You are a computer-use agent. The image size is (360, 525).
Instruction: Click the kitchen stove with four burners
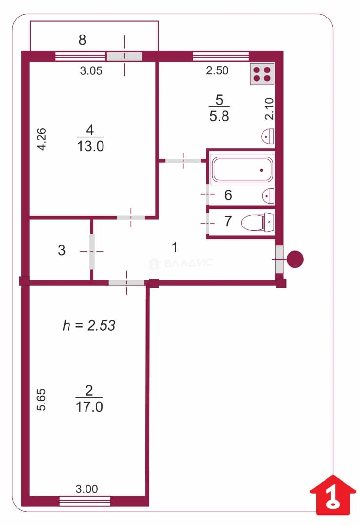pos(262,74)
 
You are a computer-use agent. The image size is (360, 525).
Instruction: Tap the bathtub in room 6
pos(242,170)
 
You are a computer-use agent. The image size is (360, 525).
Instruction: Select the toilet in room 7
pos(257,222)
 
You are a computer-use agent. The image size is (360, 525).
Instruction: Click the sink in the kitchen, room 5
pos(268,136)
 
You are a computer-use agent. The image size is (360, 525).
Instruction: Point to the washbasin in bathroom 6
pos(269,196)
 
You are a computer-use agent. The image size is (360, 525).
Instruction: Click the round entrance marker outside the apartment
pos(295,259)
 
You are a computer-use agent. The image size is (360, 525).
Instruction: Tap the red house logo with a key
pos(333,495)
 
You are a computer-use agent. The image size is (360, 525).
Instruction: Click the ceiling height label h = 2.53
pos(89,325)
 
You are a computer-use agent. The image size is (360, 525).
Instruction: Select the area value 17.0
pos(89,407)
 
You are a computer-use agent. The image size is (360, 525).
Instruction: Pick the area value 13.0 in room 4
pos(90,146)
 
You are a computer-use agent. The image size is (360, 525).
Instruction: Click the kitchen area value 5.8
pos(219,116)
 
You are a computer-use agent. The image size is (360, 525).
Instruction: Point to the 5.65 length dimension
pos(41,400)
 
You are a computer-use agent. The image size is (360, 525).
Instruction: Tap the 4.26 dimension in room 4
pos(41,140)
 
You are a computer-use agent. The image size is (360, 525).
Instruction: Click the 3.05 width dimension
pos(91,70)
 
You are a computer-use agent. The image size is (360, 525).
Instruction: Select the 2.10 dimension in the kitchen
pos(269,109)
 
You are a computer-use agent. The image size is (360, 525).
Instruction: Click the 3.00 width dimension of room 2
pos(86,489)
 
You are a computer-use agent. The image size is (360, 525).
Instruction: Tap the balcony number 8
pos(82,40)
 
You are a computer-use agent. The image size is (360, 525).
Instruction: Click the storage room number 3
pos(62,250)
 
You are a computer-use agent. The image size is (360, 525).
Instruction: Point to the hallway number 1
pos(174,247)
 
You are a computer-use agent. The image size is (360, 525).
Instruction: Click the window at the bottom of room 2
pos(85,501)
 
